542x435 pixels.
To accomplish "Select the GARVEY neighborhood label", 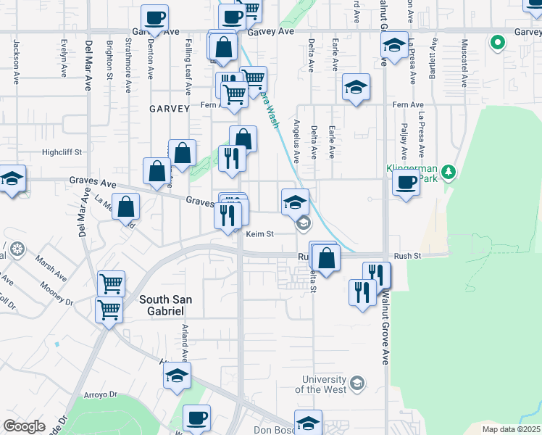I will click(169, 108).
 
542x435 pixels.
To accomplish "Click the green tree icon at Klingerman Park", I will click(449, 171).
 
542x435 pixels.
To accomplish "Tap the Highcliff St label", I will click(63, 152).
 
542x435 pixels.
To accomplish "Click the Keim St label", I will click(259, 234).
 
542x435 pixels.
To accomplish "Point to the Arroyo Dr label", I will click(100, 394).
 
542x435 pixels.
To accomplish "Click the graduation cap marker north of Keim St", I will click(295, 201).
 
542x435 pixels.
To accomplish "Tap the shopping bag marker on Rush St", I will click(326, 257).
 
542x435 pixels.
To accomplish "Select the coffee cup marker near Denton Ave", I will click(154, 17).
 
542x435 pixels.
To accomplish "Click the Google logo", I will click(24, 426).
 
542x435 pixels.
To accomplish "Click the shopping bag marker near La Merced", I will click(126, 206).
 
